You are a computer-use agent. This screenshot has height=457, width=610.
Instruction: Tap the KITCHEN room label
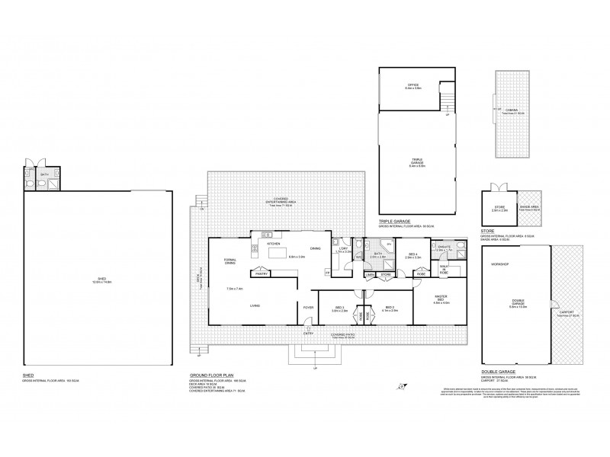274,242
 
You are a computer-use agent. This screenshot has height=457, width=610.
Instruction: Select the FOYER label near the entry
309,307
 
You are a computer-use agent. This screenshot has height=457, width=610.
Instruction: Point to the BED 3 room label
339,308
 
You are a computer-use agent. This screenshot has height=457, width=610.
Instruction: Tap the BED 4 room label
413,255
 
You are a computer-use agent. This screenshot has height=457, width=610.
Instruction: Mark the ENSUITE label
445,247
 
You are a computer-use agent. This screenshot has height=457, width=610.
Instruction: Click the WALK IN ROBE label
445,267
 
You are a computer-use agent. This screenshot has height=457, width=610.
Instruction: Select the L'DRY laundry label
343,249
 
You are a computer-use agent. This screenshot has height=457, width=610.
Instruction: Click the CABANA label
512,110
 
